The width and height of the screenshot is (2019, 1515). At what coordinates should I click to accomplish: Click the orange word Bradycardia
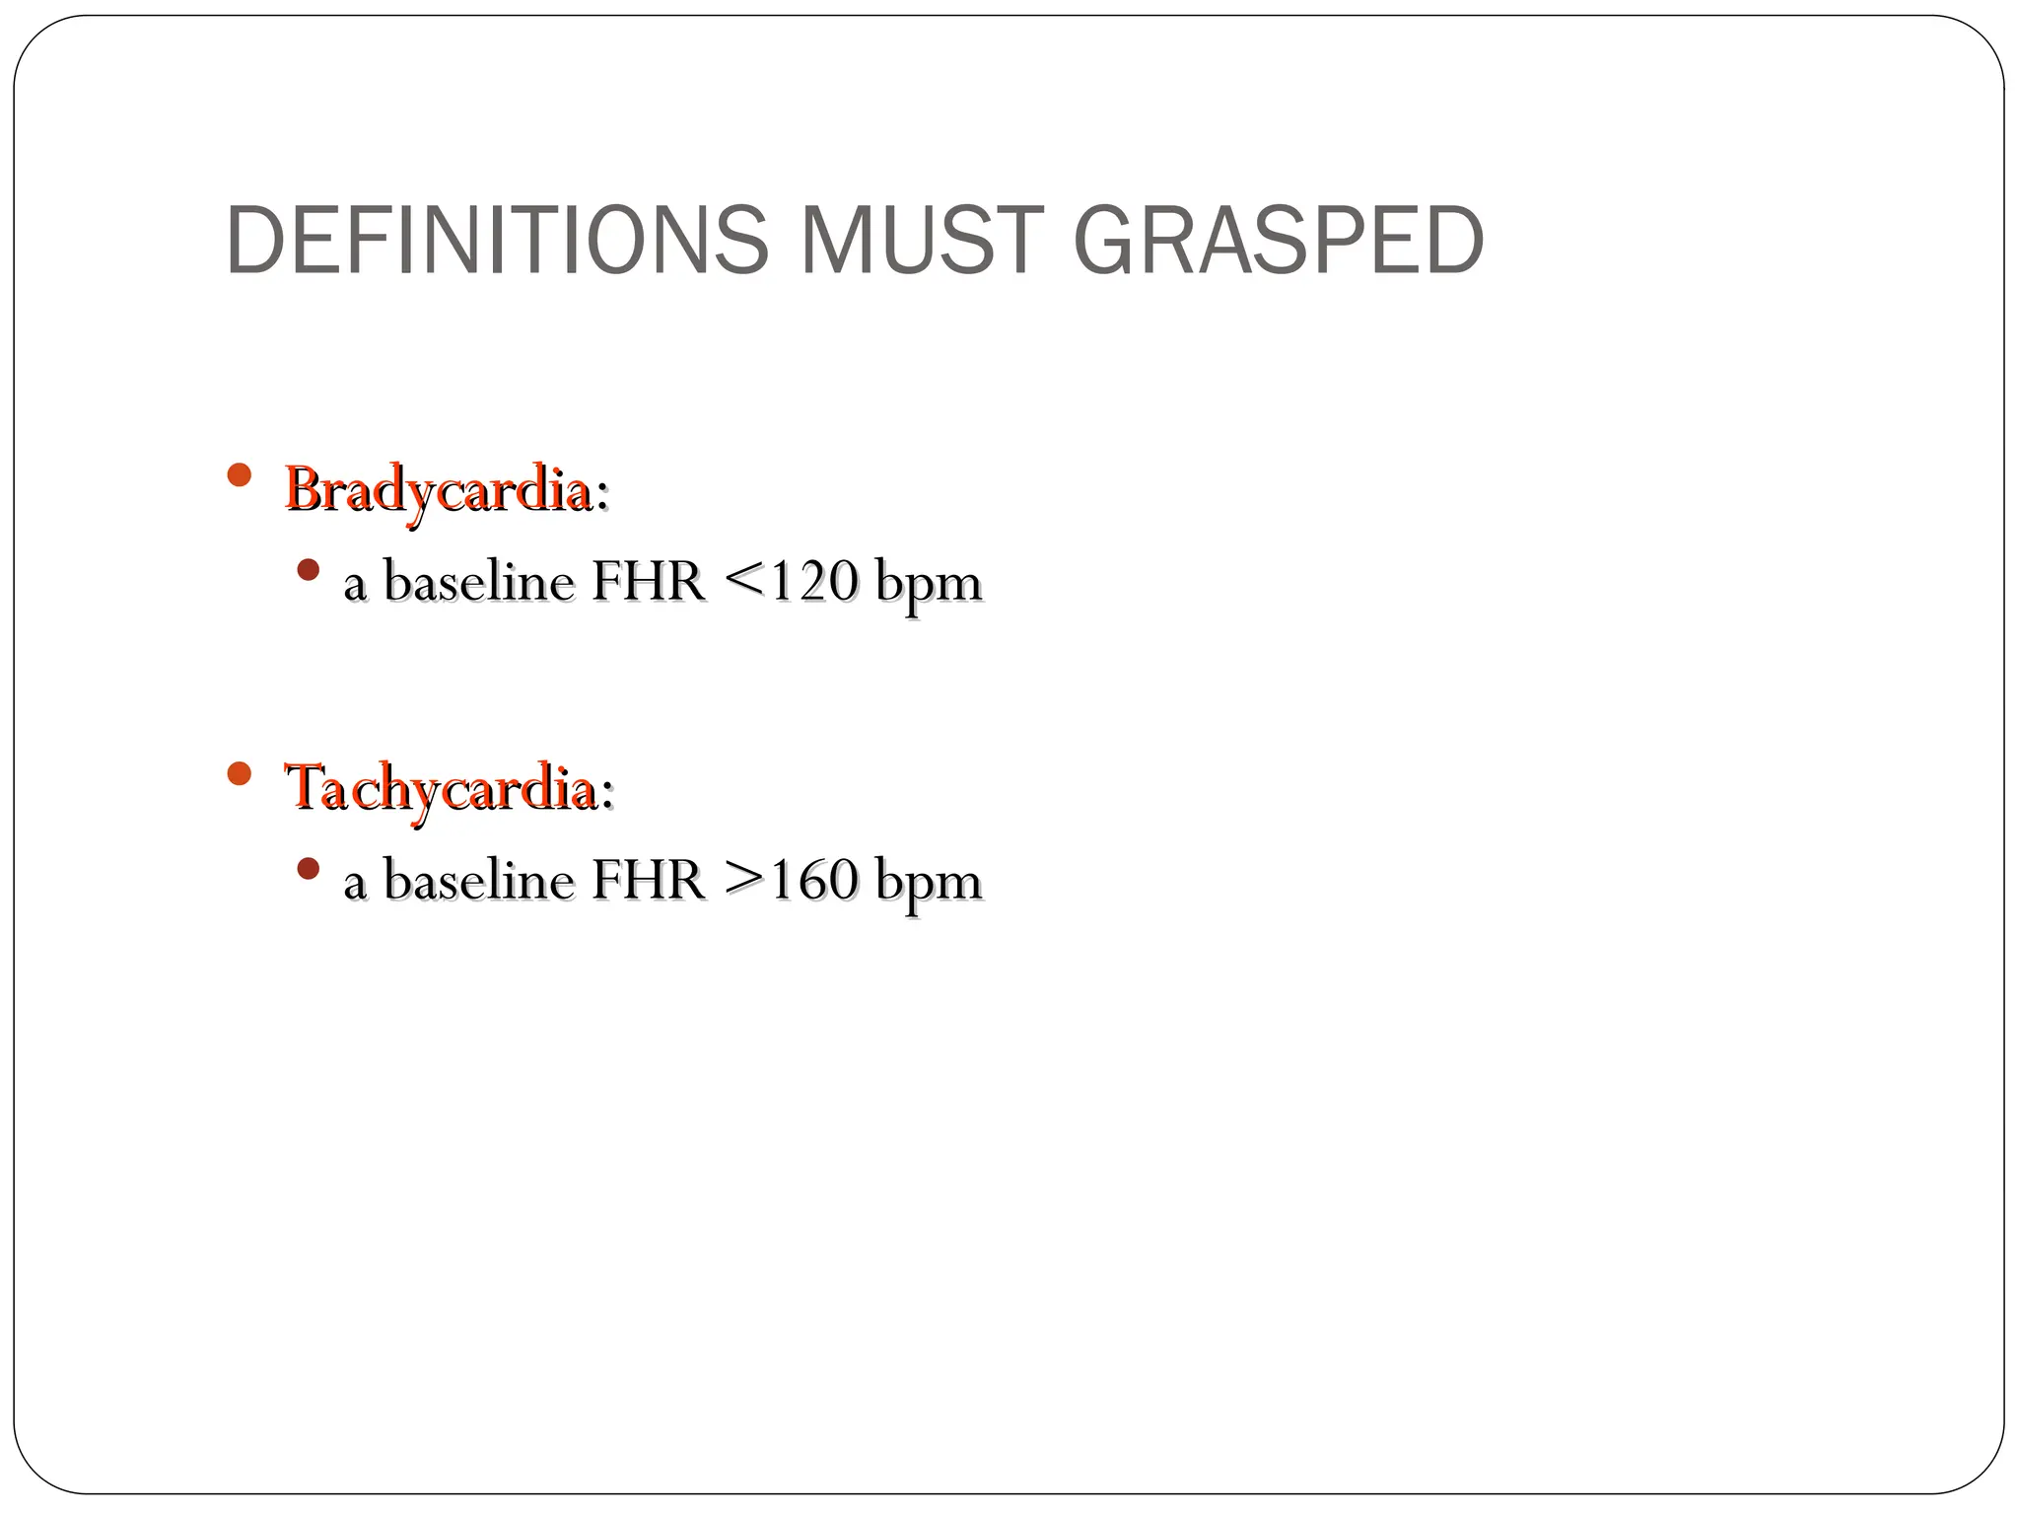click(x=438, y=489)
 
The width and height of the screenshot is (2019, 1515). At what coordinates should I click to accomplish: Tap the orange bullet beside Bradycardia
click(x=239, y=475)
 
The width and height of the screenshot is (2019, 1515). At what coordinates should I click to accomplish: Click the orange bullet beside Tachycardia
click(x=239, y=773)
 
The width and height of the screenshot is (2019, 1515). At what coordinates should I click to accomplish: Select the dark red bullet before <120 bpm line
click(x=309, y=570)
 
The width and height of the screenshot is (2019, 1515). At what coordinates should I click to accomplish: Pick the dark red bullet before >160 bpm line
click(x=309, y=869)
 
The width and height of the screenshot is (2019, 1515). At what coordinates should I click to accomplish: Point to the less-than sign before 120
click(x=744, y=581)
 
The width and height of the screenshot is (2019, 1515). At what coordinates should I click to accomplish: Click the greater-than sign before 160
click(x=744, y=880)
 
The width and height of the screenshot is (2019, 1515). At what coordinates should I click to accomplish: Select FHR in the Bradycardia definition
click(x=648, y=581)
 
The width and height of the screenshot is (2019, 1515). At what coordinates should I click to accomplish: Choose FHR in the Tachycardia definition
click(x=648, y=880)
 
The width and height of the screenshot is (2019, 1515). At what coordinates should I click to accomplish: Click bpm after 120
click(x=928, y=583)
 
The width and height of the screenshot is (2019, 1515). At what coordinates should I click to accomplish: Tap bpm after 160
click(x=928, y=882)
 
